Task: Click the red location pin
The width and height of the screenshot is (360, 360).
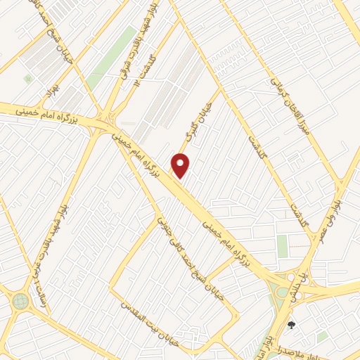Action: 181,166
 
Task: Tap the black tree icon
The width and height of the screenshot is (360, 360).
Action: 290,325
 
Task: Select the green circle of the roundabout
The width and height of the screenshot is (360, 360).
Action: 20,302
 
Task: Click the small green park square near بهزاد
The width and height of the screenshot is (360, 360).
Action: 27,78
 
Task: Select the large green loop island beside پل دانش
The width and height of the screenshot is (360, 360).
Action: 281,290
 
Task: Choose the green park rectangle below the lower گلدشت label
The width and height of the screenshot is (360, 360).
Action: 282,246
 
